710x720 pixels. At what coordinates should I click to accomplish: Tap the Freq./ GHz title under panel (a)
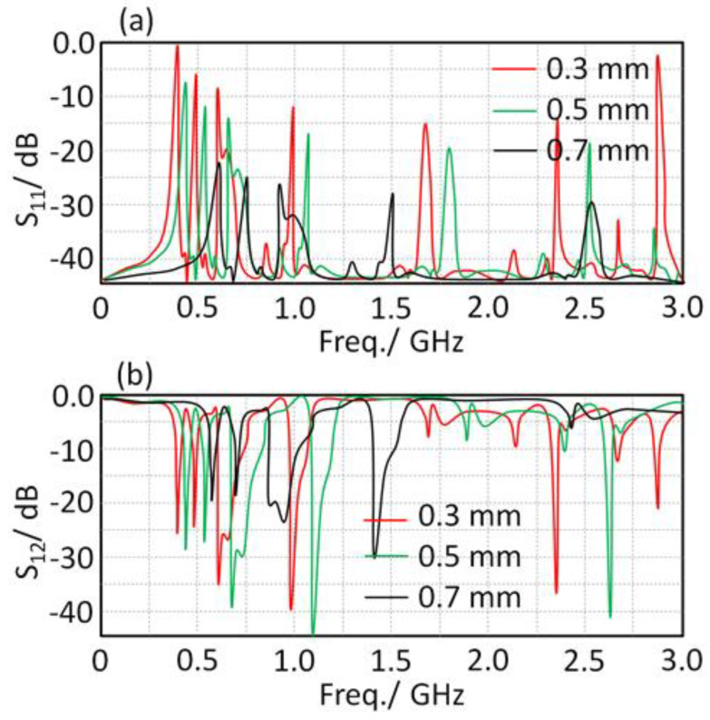click(x=392, y=338)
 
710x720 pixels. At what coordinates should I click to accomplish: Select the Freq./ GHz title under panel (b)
click(x=392, y=694)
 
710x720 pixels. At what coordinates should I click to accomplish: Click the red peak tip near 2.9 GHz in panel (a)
click(x=657, y=56)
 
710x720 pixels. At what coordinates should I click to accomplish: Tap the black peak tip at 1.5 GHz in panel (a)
click(x=392, y=194)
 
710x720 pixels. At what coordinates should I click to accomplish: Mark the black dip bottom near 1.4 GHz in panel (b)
click(x=374, y=557)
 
